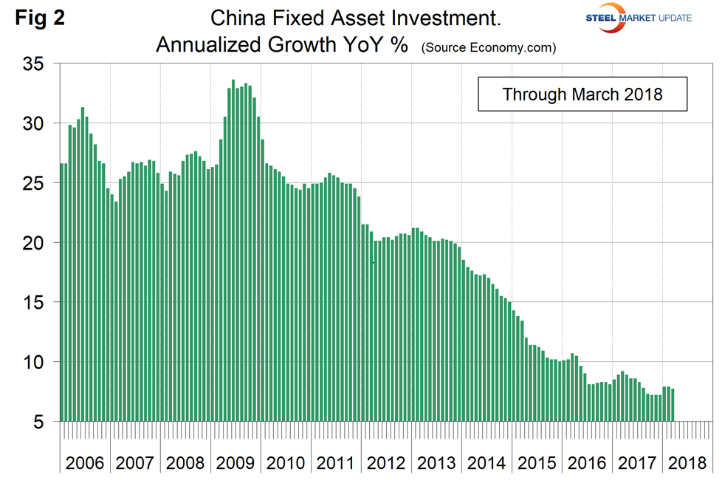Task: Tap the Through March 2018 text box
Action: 582,95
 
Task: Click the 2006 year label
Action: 85,463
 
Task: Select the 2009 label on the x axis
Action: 235,463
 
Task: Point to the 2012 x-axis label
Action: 386,463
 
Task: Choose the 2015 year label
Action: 537,463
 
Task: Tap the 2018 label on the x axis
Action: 687,463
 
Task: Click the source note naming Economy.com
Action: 489,47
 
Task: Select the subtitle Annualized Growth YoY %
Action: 282,45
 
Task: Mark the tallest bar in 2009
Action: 233,251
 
